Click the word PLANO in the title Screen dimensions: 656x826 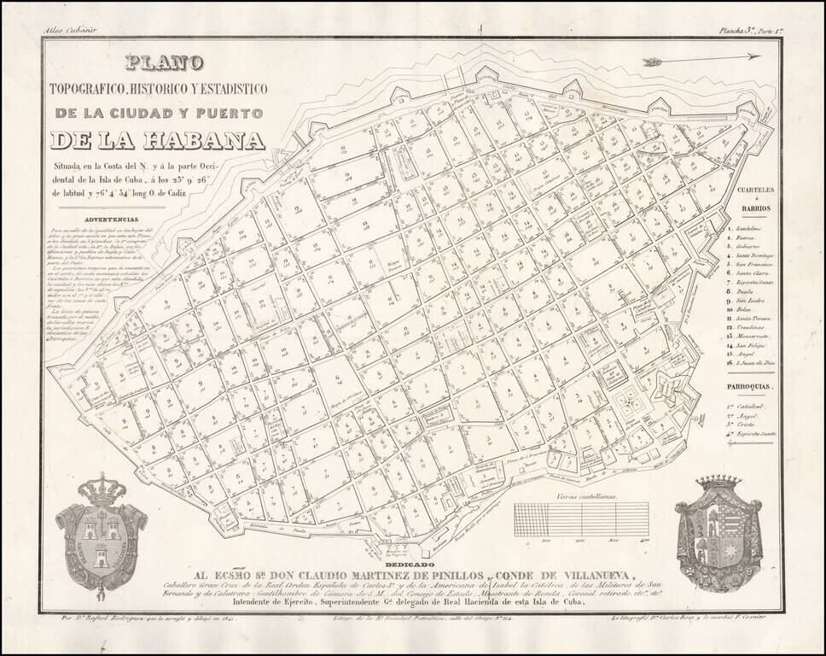pos(164,63)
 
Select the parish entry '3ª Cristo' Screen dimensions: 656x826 pos(751,425)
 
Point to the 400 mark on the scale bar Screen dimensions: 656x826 pos(645,540)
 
